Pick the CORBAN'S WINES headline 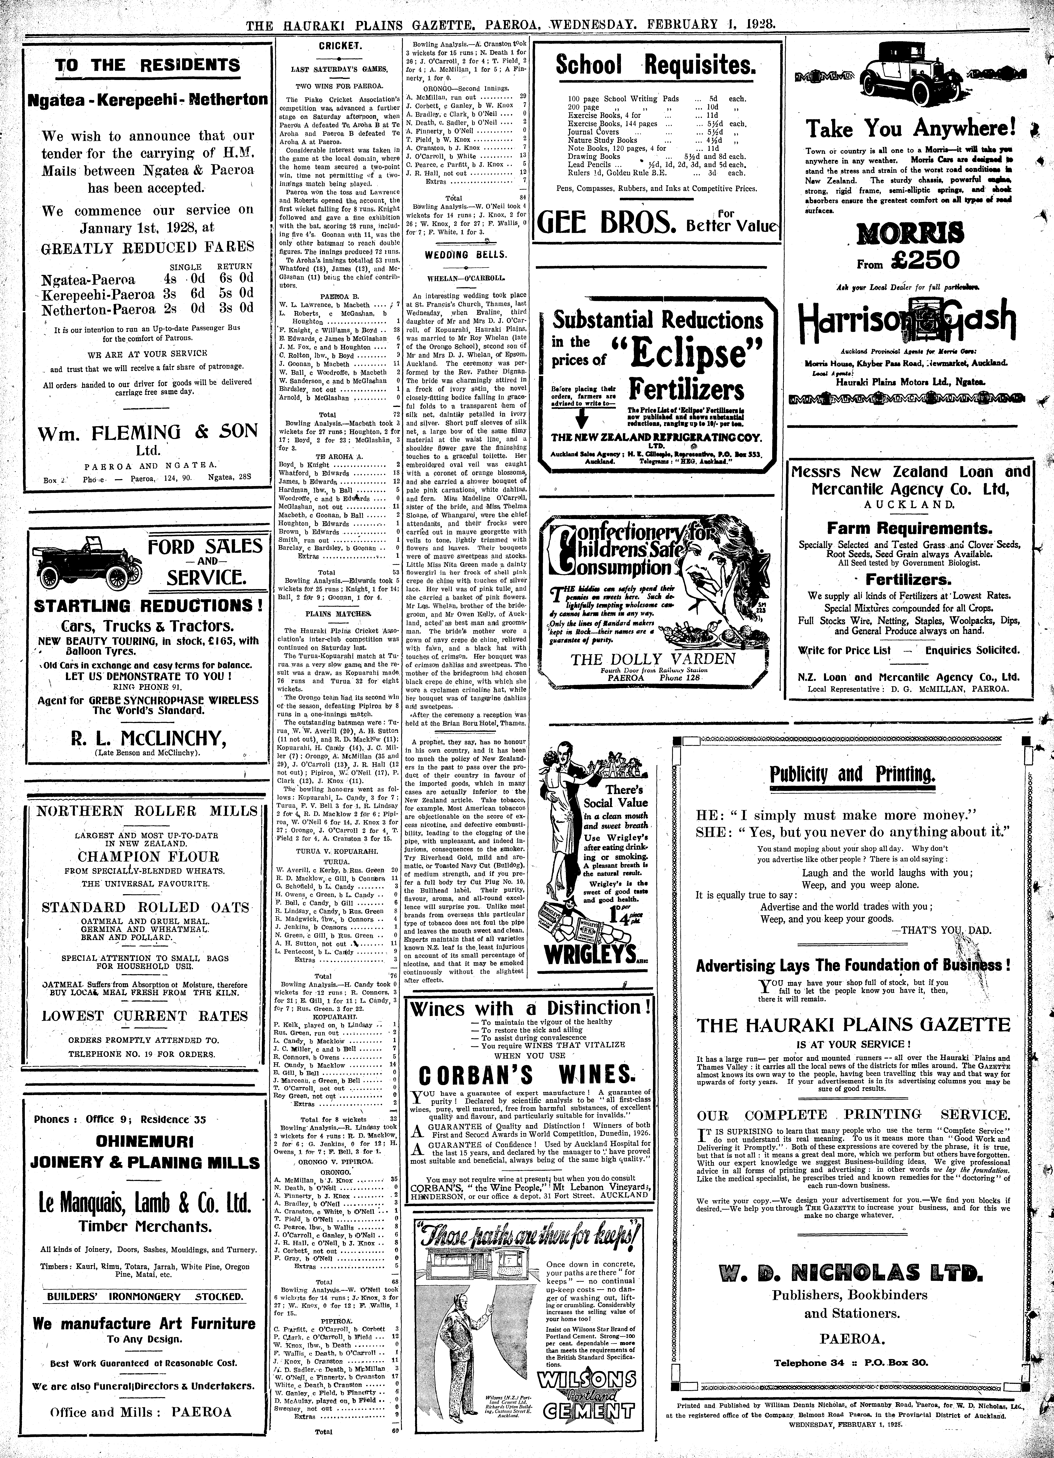click(526, 1075)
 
